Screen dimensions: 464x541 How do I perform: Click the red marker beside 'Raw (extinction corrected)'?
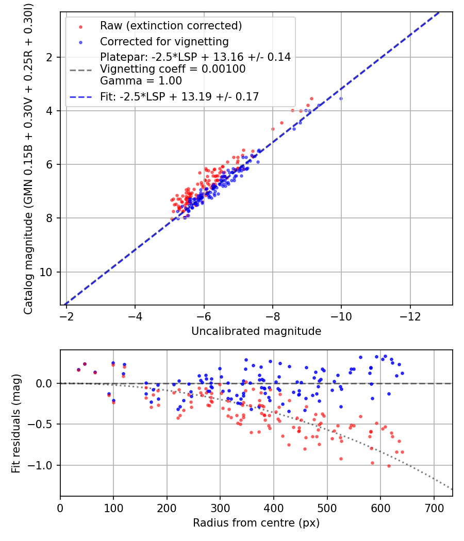(80, 27)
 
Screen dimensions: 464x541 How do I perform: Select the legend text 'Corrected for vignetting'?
(164, 42)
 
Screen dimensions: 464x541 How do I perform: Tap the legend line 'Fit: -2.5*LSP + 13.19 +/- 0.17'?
(179, 97)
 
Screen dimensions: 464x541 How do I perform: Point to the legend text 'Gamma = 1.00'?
(141, 81)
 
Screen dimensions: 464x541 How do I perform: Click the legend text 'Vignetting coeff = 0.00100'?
(173, 69)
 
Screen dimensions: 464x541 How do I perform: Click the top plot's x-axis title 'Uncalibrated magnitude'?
(256, 331)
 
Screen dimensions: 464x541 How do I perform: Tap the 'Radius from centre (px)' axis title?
(256, 523)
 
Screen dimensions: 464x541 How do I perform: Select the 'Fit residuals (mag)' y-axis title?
(16, 424)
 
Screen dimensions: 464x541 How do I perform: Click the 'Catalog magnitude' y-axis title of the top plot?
(28, 159)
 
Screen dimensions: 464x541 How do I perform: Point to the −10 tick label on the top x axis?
(341, 316)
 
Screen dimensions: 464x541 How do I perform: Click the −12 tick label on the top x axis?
(410, 316)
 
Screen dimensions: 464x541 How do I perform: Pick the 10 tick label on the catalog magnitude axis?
(46, 272)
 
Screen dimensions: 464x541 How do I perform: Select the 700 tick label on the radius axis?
(434, 508)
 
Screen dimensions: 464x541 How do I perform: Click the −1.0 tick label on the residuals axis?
(40, 465)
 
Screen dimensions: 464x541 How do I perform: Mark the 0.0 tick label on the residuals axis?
(44, 384)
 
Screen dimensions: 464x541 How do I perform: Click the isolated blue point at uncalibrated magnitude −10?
(341, 99)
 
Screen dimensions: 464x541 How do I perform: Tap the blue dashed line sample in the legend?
(81, 97)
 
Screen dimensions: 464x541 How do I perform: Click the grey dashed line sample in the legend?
(81, 70)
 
